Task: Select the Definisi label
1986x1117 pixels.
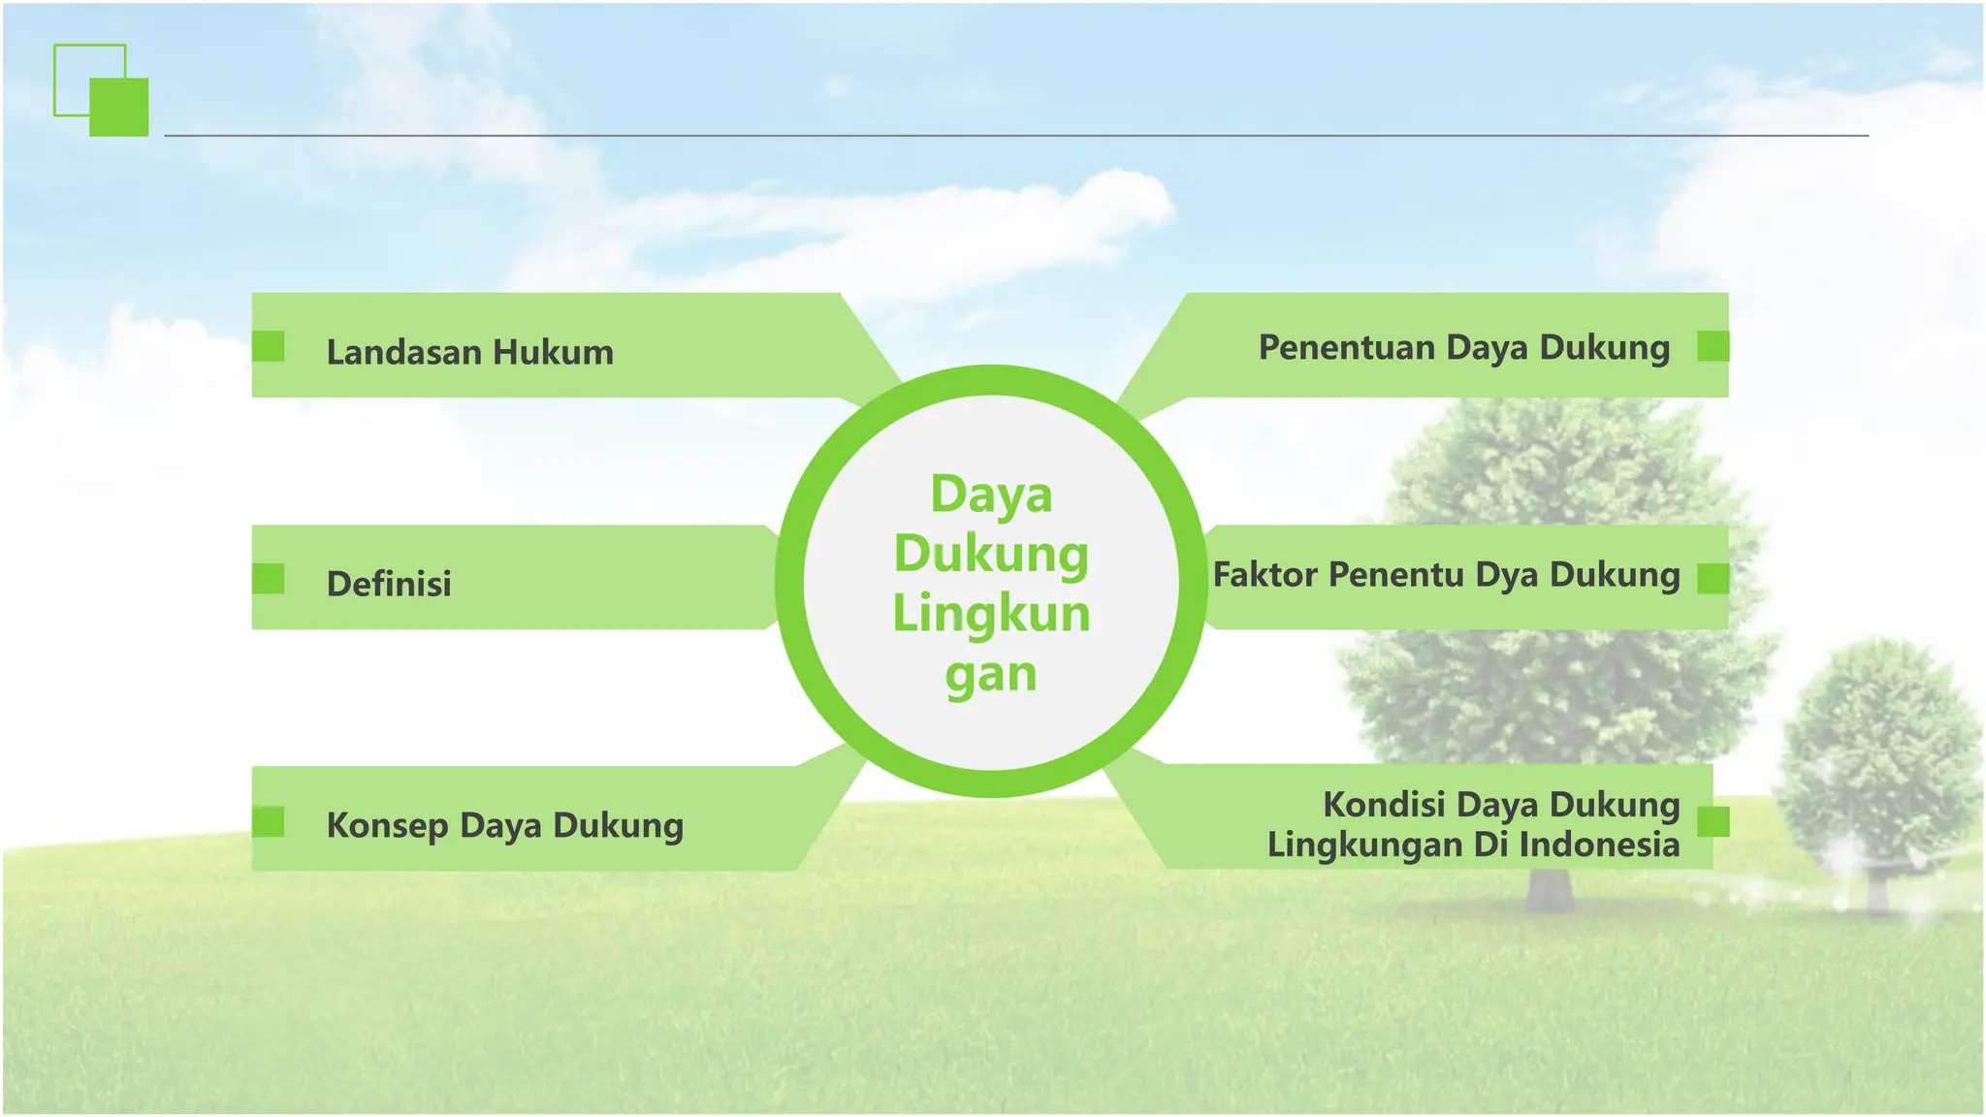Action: [x=389, y=584]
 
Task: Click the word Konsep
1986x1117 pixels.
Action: [x=387, y=825]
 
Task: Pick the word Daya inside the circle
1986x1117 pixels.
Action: [x=991, y=495]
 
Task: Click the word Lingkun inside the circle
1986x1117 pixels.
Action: [x=991, y=614]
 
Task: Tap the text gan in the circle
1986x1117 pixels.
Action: [x=991, y=674]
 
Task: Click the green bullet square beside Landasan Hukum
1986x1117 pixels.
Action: [x=269, y=346]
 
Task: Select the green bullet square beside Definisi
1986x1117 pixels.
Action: [x=269, y=579]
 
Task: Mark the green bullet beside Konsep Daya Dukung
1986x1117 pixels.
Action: [x=269, y=821]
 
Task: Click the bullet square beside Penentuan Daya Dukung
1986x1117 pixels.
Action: [x=1713, y=346]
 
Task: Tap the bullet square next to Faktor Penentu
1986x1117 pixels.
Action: [x=1713, y=579]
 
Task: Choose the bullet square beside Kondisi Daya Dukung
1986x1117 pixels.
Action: [x=1713, y=821]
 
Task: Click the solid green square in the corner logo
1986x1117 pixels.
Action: [x=119, y=107]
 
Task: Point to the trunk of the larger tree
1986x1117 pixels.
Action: [x=1549, y=887]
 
